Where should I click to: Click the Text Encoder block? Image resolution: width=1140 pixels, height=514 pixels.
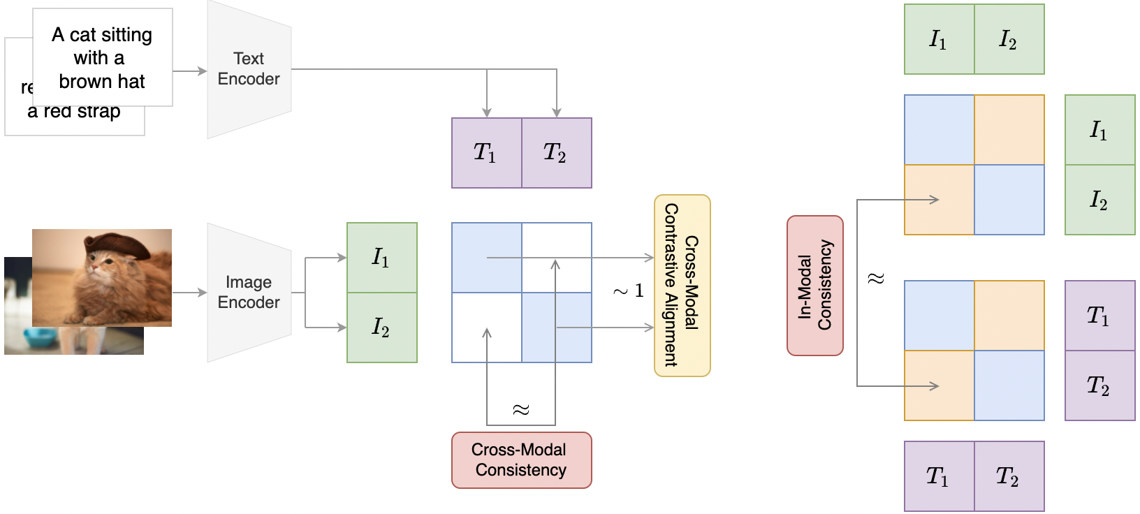point(249,69)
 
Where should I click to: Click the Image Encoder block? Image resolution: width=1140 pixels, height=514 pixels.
point(249,293)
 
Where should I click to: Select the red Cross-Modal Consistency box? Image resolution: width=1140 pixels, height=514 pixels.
point(521,460)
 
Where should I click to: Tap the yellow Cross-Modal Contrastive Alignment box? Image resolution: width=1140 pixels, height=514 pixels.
point(682,286)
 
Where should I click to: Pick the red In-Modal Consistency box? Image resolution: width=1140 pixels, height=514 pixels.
point(814,286)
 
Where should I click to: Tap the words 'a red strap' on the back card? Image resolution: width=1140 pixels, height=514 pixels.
point(74,112)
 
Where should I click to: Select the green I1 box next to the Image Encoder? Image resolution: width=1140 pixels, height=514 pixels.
point(381,258)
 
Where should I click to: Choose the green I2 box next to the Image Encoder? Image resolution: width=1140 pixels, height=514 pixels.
point(381,328)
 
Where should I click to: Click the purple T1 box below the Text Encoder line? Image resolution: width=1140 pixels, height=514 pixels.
point(486,153)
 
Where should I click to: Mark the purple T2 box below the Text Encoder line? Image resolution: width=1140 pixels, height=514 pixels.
point(556,153)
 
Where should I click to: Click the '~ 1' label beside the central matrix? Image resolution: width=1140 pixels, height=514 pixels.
point(628,291)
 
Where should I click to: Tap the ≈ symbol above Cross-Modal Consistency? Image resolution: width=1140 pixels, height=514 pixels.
point(521,409)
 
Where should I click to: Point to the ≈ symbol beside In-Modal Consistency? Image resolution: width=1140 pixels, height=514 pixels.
point(875,279)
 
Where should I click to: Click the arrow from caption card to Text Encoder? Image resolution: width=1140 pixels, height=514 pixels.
point(189,71)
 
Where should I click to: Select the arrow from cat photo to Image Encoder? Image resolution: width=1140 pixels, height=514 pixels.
point(189,293)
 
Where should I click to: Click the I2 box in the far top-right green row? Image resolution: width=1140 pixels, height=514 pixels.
point(1009,40)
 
